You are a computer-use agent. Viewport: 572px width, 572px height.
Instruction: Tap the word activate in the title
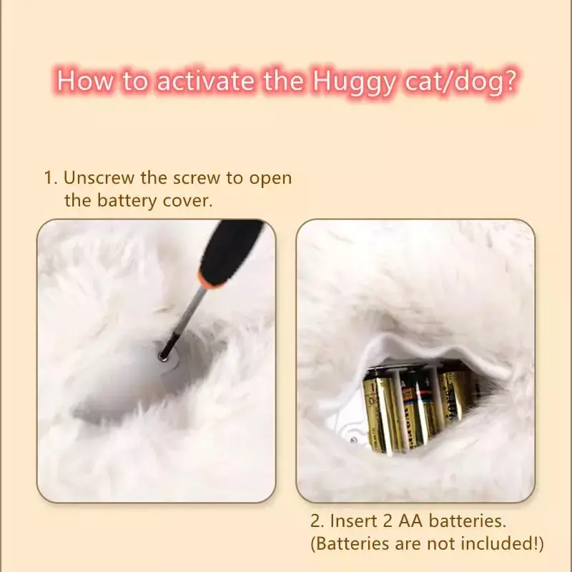click(x=205, y=81)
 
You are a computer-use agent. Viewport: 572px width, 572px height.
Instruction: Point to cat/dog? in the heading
click(x=461, y=81)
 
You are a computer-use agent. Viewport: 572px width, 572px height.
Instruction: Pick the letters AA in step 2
click(x=410, y=521)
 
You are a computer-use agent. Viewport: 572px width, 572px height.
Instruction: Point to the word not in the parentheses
click(x=441, y=543)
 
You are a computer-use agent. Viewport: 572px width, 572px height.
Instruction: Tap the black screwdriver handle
click(x=230, y=248)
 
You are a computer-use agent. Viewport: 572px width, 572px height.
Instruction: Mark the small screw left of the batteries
click(x=353, y=440)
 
